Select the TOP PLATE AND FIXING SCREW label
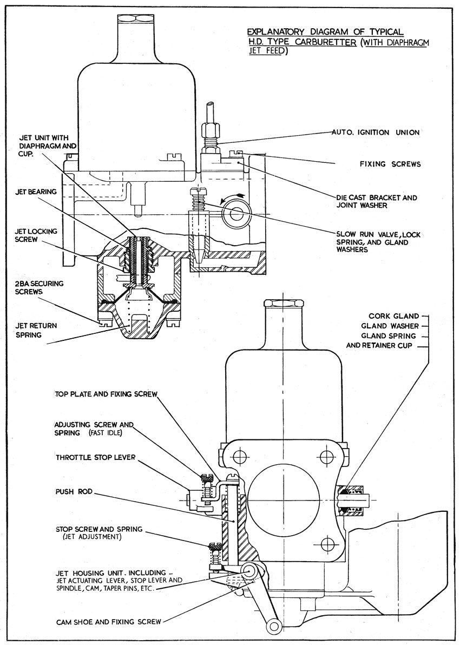click(106, 394)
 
